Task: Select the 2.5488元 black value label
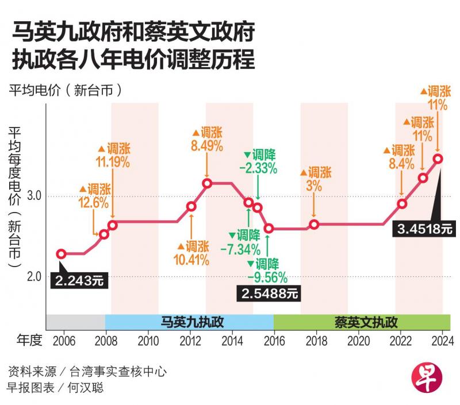pyautogui.click(x=269, y=294)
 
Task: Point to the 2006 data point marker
pyautogui.click(x=61, y=254)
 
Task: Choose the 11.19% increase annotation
pyautogui.click(x=113, y=155)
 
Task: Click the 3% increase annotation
pyautogui.click(x=314, y=179)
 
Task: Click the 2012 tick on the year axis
pyautogui.click(x=190, y=340)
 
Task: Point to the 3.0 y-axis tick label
pyautogui.click(x=34, y=196)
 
